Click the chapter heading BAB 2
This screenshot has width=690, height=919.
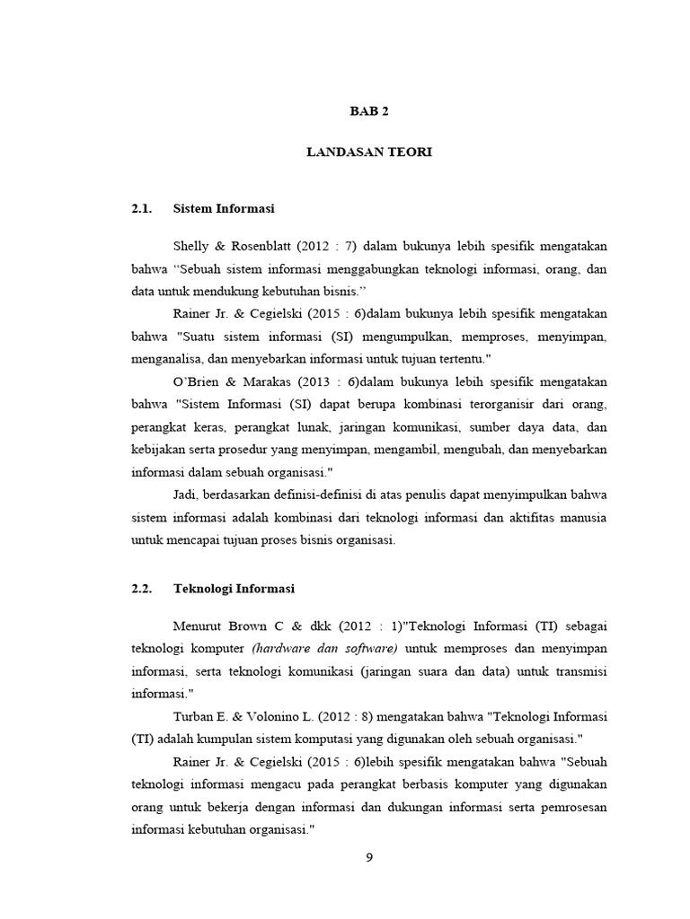pyautogui.click(x=369, y=111)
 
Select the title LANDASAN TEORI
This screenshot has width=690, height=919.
pyautogui.click(x=369, y=153)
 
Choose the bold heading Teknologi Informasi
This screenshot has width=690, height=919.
pyautogui.click(x=234, y=589)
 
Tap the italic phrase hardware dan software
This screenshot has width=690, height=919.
pyautogui.click(x=325, y=648)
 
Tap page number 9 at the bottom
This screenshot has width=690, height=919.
pyautogui.click(x=369, y=857)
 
